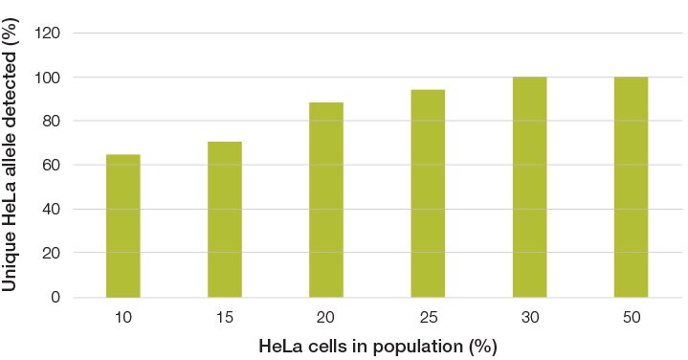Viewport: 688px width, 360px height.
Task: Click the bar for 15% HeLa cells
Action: [x=225, y=219]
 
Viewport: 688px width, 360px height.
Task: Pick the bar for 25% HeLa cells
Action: [x=428, y=193]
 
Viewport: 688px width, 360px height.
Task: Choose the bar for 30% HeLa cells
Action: [x=529, y=187]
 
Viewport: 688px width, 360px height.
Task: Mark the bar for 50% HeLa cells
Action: [x=631, y=187]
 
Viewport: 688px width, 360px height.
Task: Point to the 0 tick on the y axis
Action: [x=54, y=298]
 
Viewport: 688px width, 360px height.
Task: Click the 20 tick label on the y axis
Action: [x=50, y=254]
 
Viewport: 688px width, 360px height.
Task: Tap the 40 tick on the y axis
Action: [x=50, y=210]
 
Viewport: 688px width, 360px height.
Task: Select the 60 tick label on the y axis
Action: [x=50, y=166]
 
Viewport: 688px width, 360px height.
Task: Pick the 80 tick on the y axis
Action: [x=50, y=122]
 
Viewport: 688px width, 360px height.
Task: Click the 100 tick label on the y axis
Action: [x=47, y=78]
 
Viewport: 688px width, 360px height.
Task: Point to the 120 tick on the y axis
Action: [x=47, y=34]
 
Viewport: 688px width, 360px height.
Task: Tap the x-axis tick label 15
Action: [x=225, y=317]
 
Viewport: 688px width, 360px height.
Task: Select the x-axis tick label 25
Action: [x=428, y=317]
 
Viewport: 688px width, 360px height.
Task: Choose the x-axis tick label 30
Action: [x=529, y=317]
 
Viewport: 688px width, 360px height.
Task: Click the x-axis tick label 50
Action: [x=631, y=317]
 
